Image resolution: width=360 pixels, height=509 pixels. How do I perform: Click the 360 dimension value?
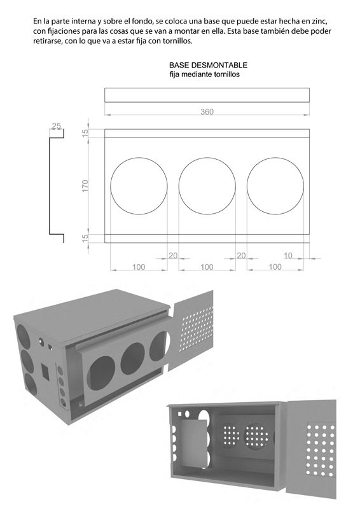click(x=207, y=112)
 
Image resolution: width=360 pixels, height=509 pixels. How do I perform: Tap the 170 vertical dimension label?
click(x=85, y=186)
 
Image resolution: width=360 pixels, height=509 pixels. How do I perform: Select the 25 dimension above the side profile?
click(x=57, y=126)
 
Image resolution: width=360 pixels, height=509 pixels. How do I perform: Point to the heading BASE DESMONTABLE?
click(x=208, y=66)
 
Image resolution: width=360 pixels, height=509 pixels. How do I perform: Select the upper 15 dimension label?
click(x=85, y=133)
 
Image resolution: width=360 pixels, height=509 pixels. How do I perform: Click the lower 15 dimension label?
click(x=85, y=238)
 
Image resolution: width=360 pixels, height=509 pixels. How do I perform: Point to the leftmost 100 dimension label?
click(x=139, y=267)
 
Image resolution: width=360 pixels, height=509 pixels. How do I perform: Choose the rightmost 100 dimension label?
click(x=275, y=267)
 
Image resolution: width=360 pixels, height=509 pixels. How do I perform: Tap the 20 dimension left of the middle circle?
click(x=173, y=255)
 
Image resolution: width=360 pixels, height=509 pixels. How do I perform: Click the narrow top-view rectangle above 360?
click(x=207, y=95)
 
